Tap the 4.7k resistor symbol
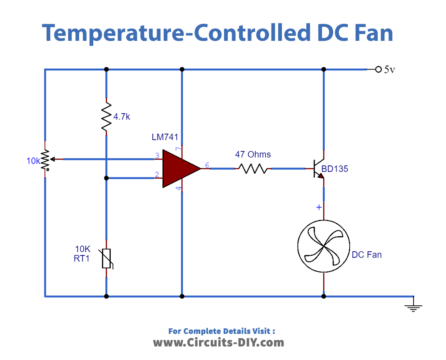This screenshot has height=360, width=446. (106, 119)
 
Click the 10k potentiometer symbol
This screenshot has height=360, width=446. (45, 159)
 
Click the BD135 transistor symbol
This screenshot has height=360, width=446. (319, 169)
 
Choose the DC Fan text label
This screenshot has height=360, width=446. (367, 254)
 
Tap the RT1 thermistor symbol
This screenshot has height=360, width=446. (106, 259)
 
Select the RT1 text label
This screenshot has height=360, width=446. (81, 260)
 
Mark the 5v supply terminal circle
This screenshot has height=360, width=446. (378, 69)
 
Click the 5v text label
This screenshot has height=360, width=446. (391, 69)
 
